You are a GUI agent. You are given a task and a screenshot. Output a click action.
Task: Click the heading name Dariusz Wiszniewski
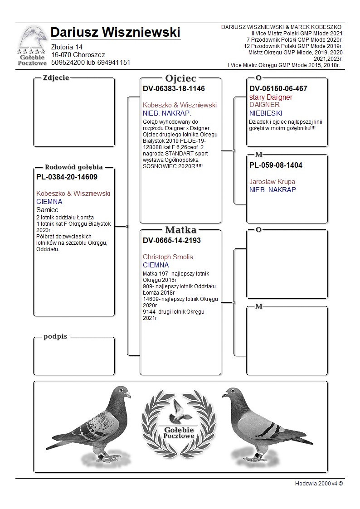[x=115, y=33]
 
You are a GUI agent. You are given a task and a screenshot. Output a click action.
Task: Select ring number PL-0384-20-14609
[x=67, y=177]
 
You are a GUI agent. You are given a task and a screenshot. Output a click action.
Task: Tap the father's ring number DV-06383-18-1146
[x=174, y=89]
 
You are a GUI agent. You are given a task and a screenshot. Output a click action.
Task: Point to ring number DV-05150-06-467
[x=278, y=89]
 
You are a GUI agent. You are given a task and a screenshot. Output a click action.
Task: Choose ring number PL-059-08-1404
[x=276, y=165]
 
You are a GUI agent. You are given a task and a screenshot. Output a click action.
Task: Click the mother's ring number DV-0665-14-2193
[x=171, y=240]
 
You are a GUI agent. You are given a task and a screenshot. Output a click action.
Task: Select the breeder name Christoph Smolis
[x=168, y=257]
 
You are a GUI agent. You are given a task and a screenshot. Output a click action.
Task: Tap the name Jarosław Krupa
[x=272, y=182]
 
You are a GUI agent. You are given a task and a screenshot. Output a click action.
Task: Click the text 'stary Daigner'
[x=271, y=97]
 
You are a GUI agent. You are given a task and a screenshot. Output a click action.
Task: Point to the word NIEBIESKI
[x=266, y=113]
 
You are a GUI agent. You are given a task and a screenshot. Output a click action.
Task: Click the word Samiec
[x=47, y=210]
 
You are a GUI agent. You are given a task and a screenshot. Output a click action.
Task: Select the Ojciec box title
[x=180, y=78]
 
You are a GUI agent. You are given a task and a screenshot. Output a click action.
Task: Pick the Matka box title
[x=180, y=229]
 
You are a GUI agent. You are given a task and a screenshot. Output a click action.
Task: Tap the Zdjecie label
[x=56, y=78]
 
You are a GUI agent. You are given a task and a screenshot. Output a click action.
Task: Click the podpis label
[x=55, y=336]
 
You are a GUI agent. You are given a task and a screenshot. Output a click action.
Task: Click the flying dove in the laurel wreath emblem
[x=180, y=410]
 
